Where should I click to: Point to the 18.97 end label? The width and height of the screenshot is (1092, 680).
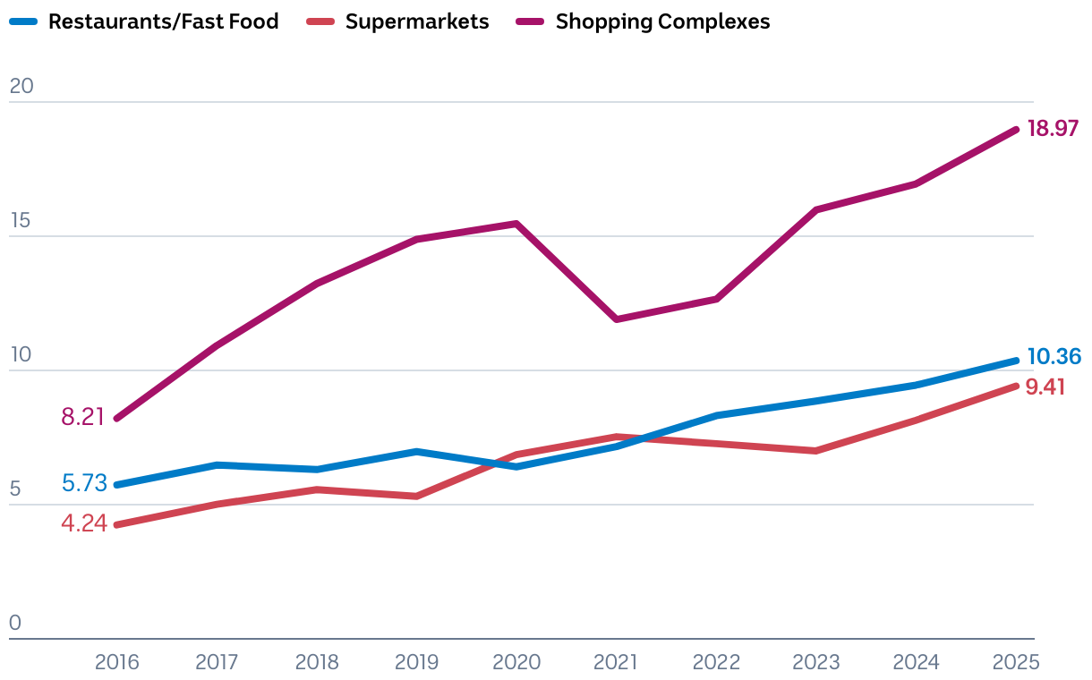(1053, 128)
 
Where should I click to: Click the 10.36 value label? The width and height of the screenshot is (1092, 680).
(1054, 357)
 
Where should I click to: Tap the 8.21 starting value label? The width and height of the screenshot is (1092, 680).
(83, 416)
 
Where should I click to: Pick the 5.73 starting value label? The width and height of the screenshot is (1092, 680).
(84, 483)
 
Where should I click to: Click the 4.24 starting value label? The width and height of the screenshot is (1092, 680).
(84, 523)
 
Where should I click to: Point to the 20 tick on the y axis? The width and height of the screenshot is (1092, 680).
(21, 86)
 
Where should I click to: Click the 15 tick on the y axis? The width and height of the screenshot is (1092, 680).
(21, 220)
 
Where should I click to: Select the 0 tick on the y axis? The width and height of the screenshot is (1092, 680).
(15, 623)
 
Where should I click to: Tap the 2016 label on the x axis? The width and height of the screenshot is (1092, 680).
(117, 662)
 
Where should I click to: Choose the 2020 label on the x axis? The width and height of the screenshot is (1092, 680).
(516, 662)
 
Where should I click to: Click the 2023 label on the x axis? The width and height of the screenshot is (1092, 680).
(816, 662)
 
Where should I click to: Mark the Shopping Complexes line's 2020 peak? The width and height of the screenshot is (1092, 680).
(516, 224)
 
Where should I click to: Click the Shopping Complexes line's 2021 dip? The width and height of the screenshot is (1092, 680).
(617, 319)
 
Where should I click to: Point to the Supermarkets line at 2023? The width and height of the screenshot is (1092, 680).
(816, 450)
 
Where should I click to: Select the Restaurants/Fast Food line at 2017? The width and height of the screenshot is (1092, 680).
(217, 465)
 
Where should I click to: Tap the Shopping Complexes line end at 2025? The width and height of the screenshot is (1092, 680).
(1016, 130)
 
